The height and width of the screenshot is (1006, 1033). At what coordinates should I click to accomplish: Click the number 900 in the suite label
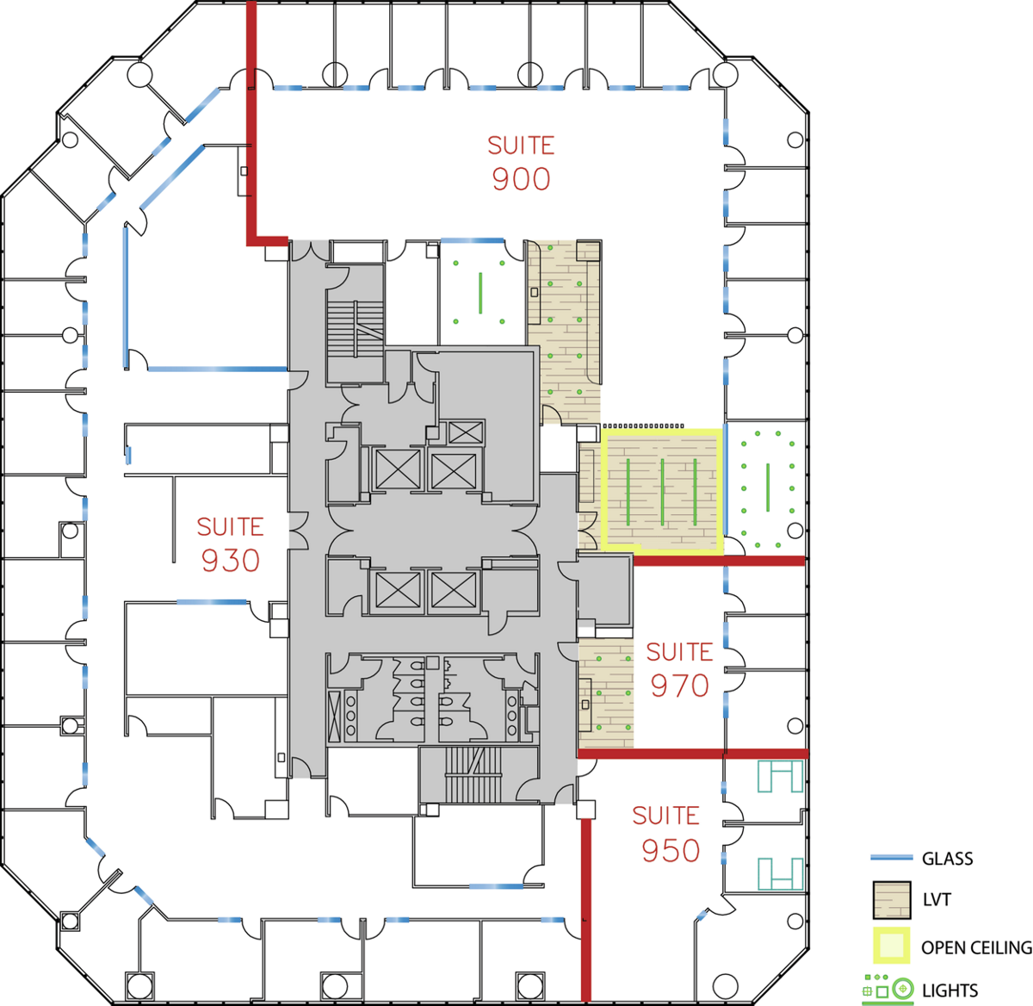point(521,179)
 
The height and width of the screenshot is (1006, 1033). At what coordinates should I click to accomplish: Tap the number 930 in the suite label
point(231,561)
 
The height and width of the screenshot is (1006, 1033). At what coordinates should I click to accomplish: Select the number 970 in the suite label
point(679,686)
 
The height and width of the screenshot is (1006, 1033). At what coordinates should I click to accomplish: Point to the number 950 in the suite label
point(671,851)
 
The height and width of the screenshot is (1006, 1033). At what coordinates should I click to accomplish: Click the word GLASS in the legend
point(947,859)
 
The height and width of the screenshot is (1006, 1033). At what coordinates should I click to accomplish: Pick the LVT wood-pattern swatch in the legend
point(892,900)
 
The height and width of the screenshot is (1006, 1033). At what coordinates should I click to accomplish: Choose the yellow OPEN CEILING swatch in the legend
point(891,946)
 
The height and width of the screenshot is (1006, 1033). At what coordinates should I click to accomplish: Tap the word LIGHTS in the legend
point(949,990)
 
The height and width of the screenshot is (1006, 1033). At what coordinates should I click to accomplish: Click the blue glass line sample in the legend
point(891,858)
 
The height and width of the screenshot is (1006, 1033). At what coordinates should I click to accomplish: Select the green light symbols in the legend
point(888,990)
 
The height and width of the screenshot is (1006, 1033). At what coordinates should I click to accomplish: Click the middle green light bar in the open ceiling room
point(662,493)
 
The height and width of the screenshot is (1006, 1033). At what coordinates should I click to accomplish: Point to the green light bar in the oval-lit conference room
point(768,487)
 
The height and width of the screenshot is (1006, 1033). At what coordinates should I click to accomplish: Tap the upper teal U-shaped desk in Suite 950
point(780,777)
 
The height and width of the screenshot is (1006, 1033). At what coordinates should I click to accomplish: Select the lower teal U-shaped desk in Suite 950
point(780,873)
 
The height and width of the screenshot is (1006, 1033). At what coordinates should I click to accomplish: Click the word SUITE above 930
point(231,527)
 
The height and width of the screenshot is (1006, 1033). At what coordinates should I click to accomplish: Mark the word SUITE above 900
point(521,146)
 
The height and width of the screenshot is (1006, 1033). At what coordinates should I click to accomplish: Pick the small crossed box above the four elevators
point(465,432)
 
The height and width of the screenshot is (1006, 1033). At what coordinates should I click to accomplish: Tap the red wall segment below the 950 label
point(586,910)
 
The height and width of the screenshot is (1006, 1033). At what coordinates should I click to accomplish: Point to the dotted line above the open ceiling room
point(643,426)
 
